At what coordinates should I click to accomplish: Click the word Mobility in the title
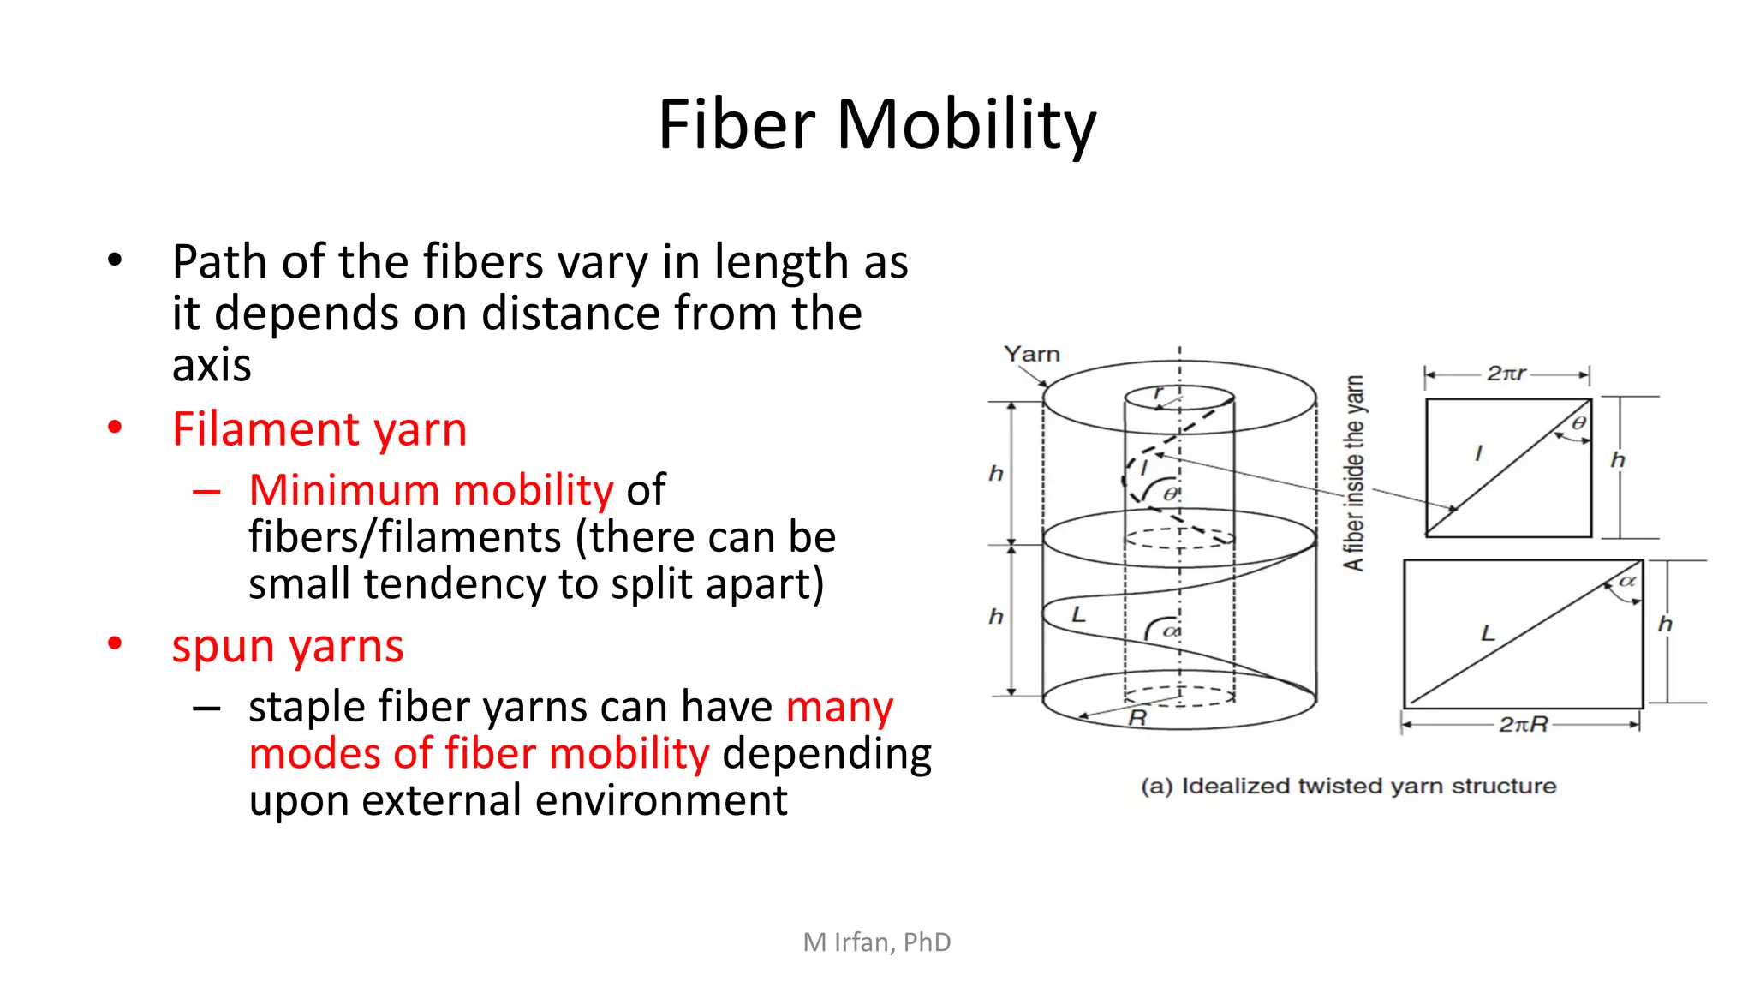tap(965, 125)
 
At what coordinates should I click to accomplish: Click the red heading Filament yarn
tap(319, 429)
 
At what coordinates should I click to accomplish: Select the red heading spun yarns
tap(287, 646)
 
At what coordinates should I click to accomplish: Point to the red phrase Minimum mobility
tap(431, 490)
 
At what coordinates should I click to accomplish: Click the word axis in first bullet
tap(211, 366)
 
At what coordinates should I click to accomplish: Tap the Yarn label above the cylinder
tap(1031, 354)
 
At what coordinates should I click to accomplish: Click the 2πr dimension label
tap(1506, 374)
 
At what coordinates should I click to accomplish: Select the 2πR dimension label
tap(1523, 725)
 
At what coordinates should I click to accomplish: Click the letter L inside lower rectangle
tap(1488, 633)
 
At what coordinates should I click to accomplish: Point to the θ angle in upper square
tap(1578, 423)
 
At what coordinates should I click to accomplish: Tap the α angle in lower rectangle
tap(1626, 581)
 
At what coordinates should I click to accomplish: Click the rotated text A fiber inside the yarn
tap(1353, 473)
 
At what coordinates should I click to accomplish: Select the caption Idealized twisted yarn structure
tap(1349, 786)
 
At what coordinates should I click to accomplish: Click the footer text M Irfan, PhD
tap(876, 942)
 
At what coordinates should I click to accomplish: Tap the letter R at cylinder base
tap(1137, 718)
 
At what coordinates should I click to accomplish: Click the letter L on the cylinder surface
tap(1078, 614)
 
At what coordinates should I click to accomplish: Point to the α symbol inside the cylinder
tap(1172, 631)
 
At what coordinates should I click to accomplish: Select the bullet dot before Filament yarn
tap(115, 428)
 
